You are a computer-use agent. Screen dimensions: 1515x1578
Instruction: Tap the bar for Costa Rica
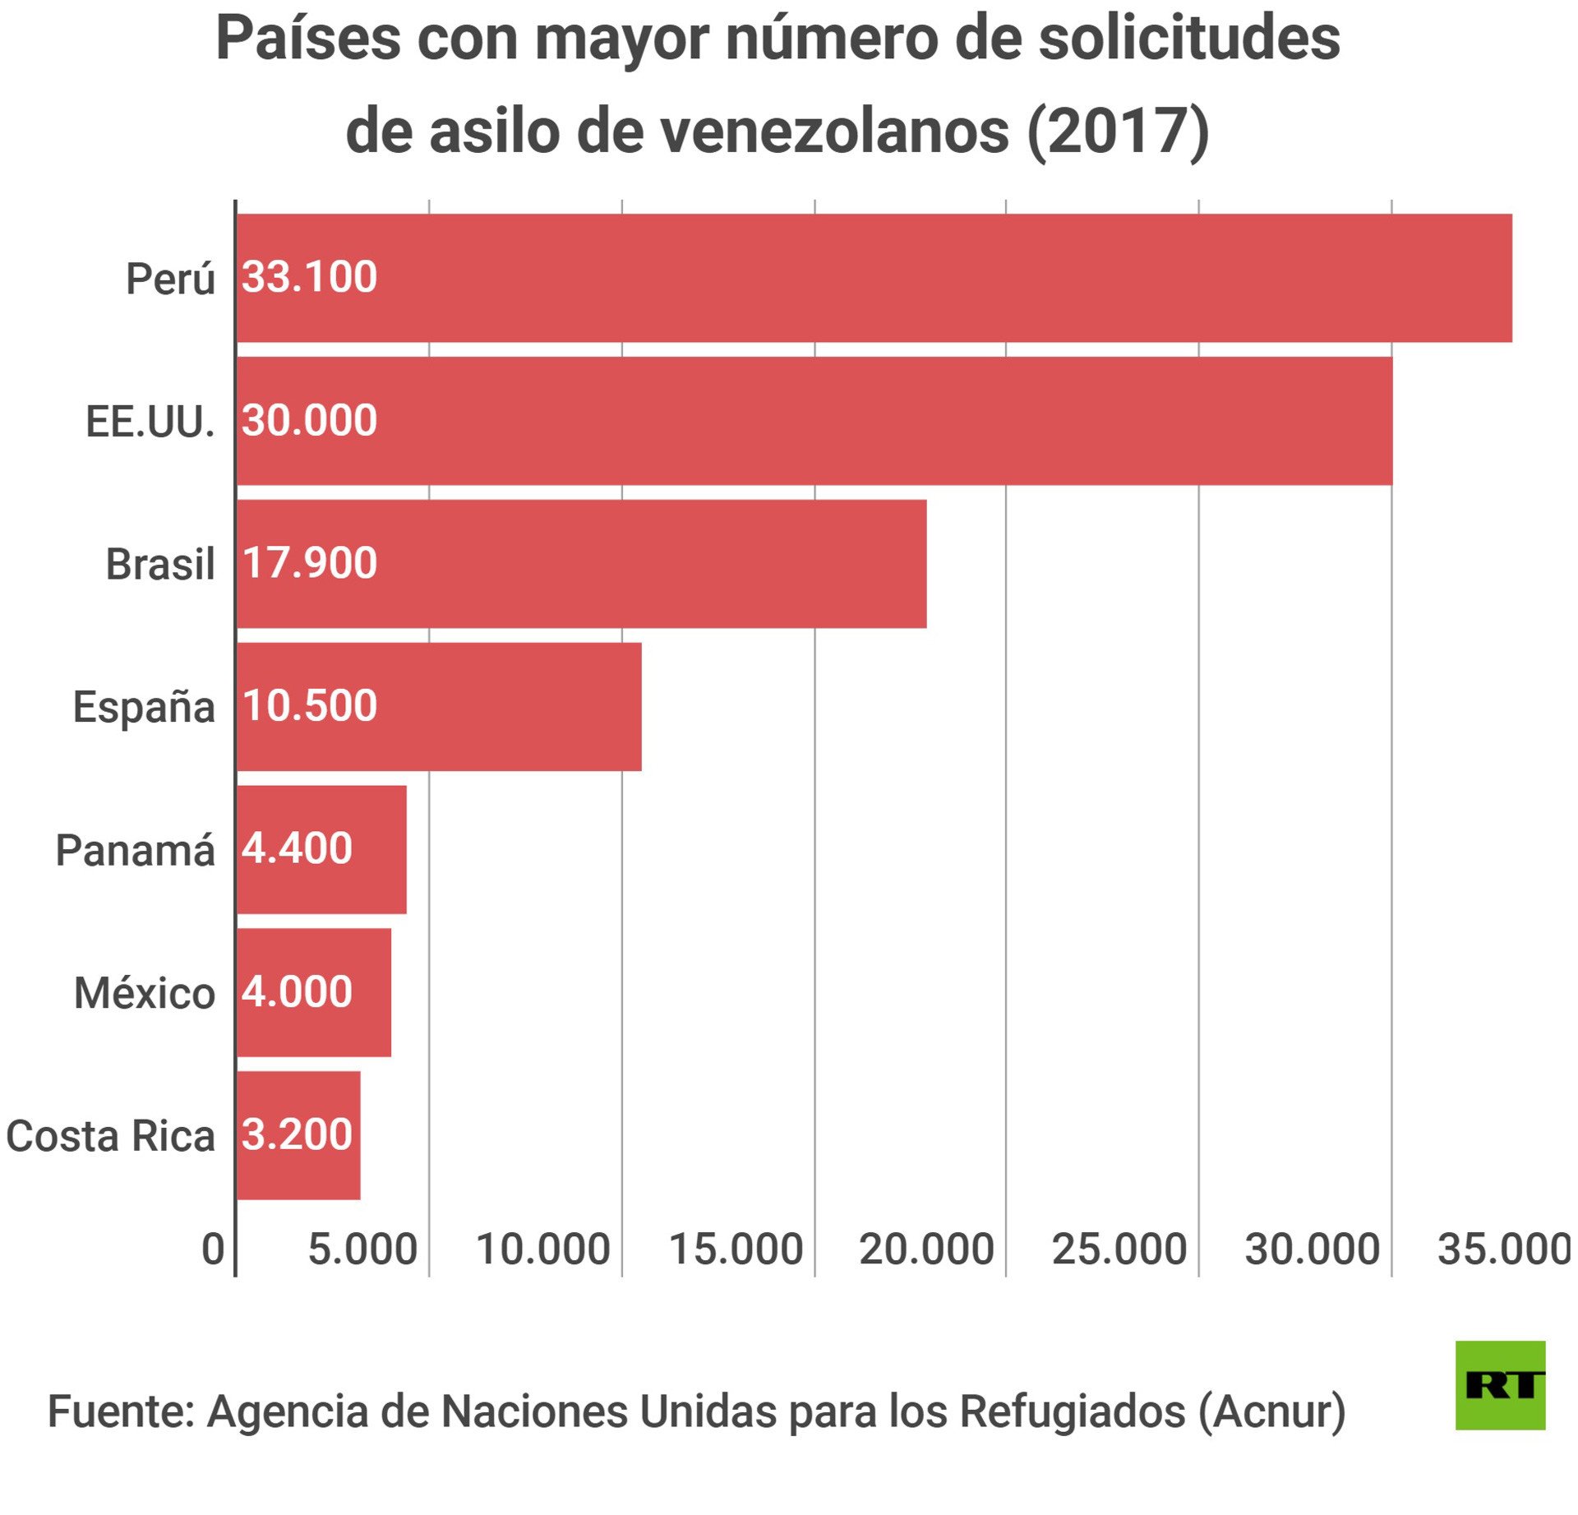[x=298, y=1135]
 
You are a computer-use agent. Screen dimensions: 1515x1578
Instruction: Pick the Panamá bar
[x=321, y=849]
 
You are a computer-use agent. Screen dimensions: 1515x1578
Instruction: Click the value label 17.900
[x=310, y=563]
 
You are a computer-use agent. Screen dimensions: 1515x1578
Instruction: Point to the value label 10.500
[x=310, y=705]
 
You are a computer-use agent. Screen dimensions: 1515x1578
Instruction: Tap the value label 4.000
[x=298, y=991]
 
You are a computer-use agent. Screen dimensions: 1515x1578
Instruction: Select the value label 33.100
[x=310, y=277]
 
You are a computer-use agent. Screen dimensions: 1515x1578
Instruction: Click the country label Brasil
[x=160, y=565]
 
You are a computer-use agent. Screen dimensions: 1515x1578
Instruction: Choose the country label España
[x=144, y=707]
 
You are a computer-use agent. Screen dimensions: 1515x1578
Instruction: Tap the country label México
[x=145, y=993]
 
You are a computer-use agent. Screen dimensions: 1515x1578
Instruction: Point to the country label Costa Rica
[x=110, y=1136]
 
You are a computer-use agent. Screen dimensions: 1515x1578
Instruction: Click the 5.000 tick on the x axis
[x=362, y=1249]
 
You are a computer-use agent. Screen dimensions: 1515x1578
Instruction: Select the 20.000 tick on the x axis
[x=926, y=1249]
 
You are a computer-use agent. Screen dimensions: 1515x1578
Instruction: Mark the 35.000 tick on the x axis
[x=1504, y=1249]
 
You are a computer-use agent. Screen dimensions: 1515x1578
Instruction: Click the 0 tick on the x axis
[x=213, y=1249]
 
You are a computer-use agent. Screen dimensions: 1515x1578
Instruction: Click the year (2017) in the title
[x=1118, y=132]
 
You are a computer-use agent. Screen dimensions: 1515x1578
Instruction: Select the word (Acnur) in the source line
[x=1271, y=1411]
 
